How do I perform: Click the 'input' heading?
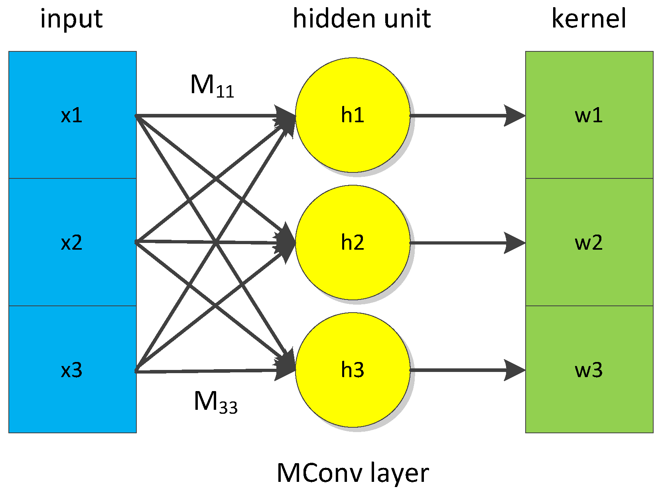[72, 19]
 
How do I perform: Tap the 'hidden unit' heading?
[362, 19]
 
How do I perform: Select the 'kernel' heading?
[589, 19]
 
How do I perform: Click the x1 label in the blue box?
[72, 115]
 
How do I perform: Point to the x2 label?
[72, 243]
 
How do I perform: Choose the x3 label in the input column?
[72, 370]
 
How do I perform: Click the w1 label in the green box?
[589, 115]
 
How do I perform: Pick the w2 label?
[589, 243]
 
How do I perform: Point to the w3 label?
[589, 370]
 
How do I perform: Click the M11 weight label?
[212, 86]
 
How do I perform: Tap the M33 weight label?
[215, 402]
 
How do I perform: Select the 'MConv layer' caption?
[353, 473]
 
